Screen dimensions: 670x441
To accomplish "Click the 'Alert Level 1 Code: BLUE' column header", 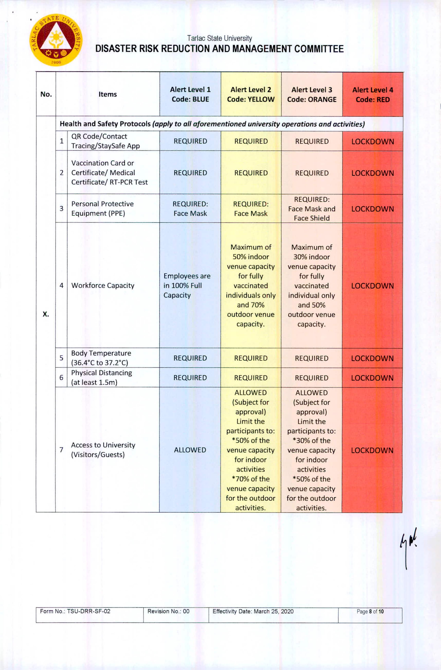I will [x=190, y=94].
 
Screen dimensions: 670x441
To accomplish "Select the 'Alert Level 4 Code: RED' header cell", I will [x=373, y=95].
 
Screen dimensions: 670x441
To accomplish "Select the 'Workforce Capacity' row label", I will [x=103, y=285].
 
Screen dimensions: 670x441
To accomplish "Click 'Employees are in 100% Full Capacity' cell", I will [x=187, y=285].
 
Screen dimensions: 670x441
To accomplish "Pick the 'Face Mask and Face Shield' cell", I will [x=312, y=209].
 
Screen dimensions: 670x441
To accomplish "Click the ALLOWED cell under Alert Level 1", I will [x=190, y=450].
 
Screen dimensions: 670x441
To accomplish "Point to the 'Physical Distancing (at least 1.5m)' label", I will [x=101, y=377].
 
